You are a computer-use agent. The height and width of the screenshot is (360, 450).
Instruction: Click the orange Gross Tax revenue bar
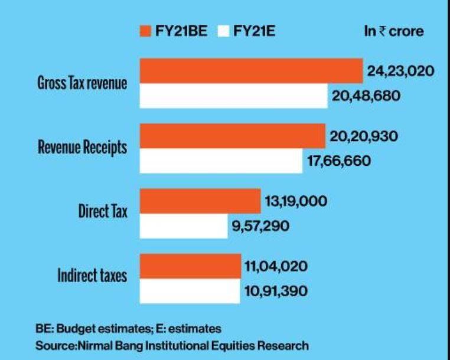(x=250, y=71)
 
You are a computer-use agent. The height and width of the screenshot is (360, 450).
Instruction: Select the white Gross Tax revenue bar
(x=233, y=96)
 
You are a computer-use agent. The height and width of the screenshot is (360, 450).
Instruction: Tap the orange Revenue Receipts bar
(x=232, y=136)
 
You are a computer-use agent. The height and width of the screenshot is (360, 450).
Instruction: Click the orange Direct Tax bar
(x=200, y=201)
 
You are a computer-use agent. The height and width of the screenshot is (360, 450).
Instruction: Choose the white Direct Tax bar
(x=183, y=226)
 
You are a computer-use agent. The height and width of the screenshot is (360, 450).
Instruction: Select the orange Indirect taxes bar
(x=190, y=267)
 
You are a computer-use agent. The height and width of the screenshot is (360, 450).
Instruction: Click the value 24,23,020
(x=400, y=71)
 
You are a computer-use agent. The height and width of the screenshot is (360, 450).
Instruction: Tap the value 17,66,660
(x=338, y=161)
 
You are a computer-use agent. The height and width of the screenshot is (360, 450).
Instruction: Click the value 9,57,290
(x=260, y=226)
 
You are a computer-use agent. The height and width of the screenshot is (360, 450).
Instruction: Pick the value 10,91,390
(x=276, y=292)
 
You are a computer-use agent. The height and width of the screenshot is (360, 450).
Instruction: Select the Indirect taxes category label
(x=92, y=276)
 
